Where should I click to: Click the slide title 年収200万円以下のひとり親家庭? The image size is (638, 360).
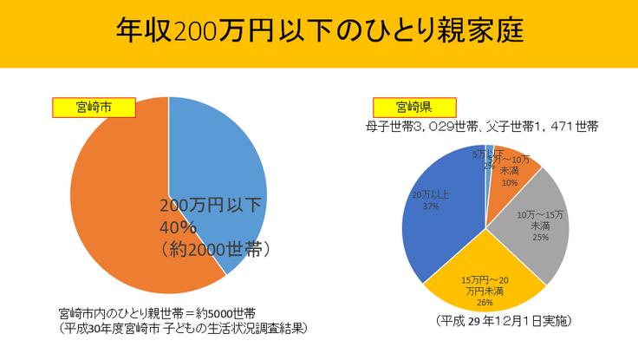[x=318, y=31]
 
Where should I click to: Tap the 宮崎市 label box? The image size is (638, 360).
[x=94, y=108]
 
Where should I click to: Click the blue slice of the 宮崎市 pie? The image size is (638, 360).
[x=221, y=156]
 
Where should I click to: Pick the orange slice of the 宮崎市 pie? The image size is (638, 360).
[x=113, y=208]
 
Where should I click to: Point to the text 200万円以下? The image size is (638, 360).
[x=211, y=206]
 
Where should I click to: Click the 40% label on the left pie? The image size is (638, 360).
[x=179, y=227]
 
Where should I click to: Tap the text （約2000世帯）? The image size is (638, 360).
[x=217, y=249]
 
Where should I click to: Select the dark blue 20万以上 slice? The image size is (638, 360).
[x=442, y=217]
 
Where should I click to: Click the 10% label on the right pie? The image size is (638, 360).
[x=509, y=183]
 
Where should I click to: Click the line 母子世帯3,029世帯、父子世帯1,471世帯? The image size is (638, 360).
[x=482, y=127]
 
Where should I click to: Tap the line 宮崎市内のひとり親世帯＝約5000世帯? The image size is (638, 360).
[x=157, y=312]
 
